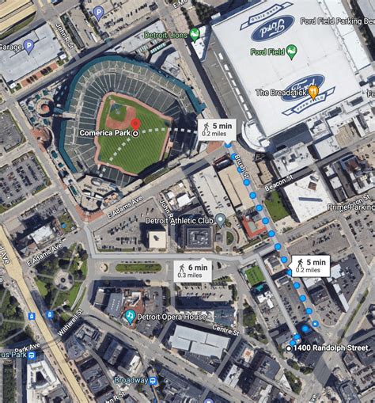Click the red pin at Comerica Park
point(135,124)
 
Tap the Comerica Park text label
point(107,133)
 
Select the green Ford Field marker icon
point(291,52)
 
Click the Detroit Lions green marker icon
point(195,35)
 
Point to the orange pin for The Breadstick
point(313,92)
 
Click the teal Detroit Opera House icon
point(130,316)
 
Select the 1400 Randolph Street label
point(331,348)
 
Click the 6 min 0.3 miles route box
point(192,271)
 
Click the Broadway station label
point(131,380)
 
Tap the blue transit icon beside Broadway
point(153,381)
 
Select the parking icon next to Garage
point(28,47)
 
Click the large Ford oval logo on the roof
point(272,28)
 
